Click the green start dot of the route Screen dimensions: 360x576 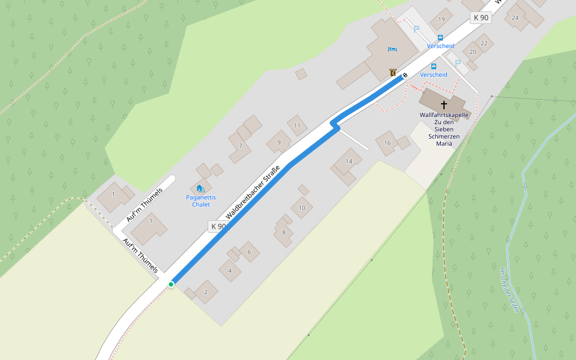pyautogui.click(x=171, y=284)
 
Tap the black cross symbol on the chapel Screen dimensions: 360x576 pyautogui.click(x=444, y=104)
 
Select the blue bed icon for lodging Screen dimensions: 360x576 pyautogui.click(x=392, y=49)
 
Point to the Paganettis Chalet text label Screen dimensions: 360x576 pyautogui.click(x=201, y=201)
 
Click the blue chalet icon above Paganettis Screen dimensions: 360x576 pyautogui.click(x=199, y=188)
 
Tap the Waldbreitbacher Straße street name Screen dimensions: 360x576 pyautogui.click(x=253, y=194)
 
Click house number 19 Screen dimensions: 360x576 pyautogui.click(x=442, y=19)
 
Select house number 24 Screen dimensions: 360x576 pyautogui.click(x=515, y=17)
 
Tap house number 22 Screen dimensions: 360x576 pyautogui.click(x=484, y=43)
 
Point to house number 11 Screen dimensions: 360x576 pyautogui.click(x=297, y=125)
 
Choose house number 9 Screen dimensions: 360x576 pyautogui.click(x=278, y=142)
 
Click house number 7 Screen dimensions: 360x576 pyautogui.click(x=240, y=145)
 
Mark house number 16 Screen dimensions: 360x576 pyautogui.click(x=388, y=143)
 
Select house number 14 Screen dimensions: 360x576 pyautogui.click(x=349, y=161)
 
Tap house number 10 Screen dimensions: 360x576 pyautogui.click(x=302, y=208)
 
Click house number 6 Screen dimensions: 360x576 pyautogui.click(x=249, y=251)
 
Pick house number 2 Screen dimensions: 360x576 pyautogui.click(x=206, y=292)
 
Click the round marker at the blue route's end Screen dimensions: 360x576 pyautogui.click(x=405, y=75)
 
